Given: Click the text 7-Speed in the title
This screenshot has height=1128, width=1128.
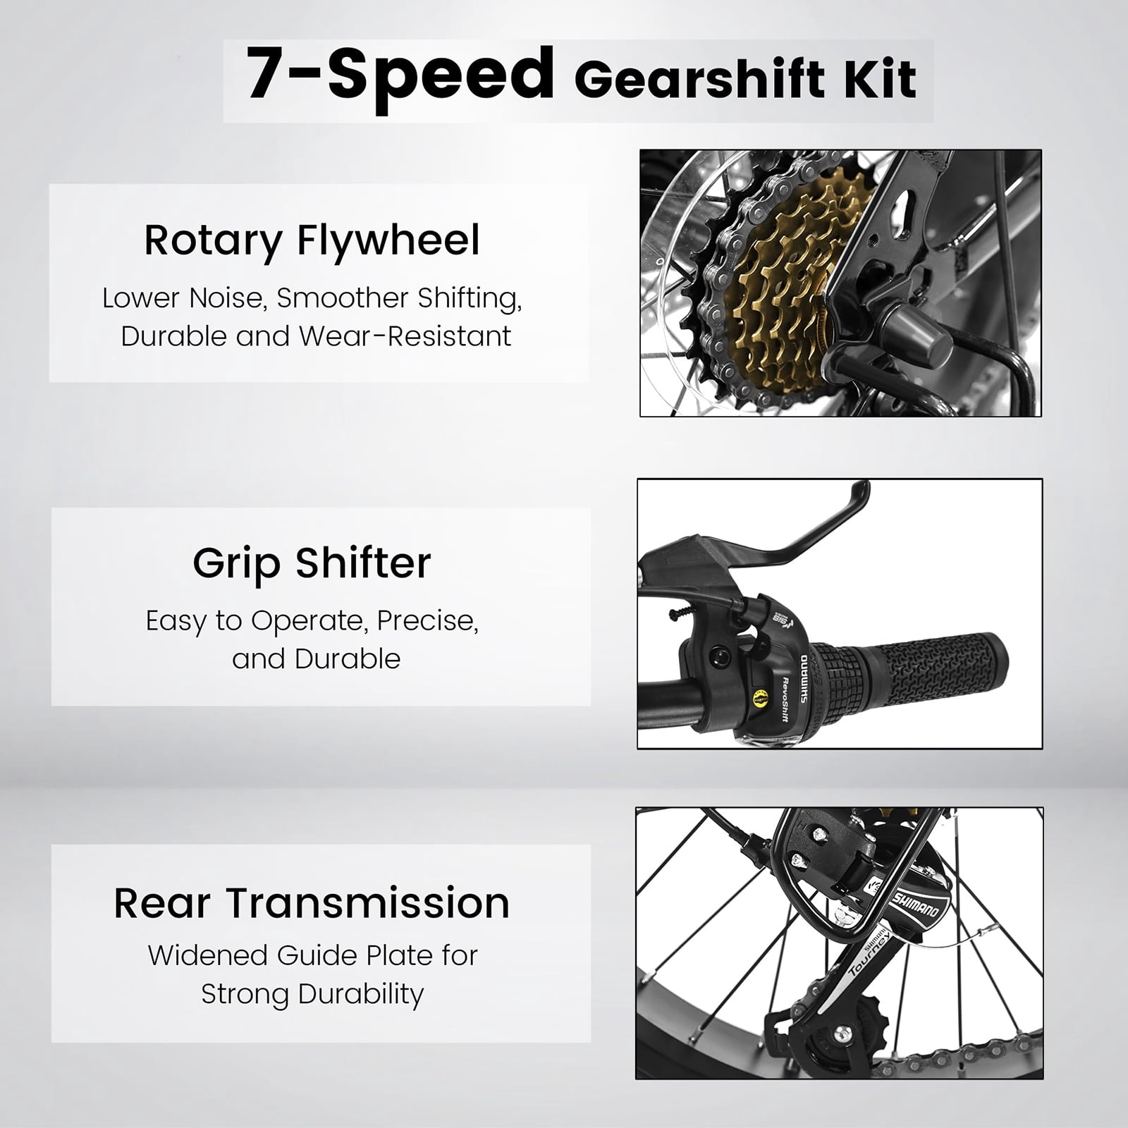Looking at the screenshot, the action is pos(400,75).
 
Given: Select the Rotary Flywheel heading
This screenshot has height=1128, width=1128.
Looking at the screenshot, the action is pos(312,241).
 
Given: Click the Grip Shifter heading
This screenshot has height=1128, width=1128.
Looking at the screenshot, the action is pos(312,564).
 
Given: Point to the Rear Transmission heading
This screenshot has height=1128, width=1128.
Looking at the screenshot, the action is pos(312,903).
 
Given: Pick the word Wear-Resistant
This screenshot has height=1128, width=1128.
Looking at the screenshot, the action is pos(405,336).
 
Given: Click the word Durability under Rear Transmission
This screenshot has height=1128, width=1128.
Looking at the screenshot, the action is pos(361,995).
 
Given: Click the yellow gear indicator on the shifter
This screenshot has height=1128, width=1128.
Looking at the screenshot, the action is pos(759,702).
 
